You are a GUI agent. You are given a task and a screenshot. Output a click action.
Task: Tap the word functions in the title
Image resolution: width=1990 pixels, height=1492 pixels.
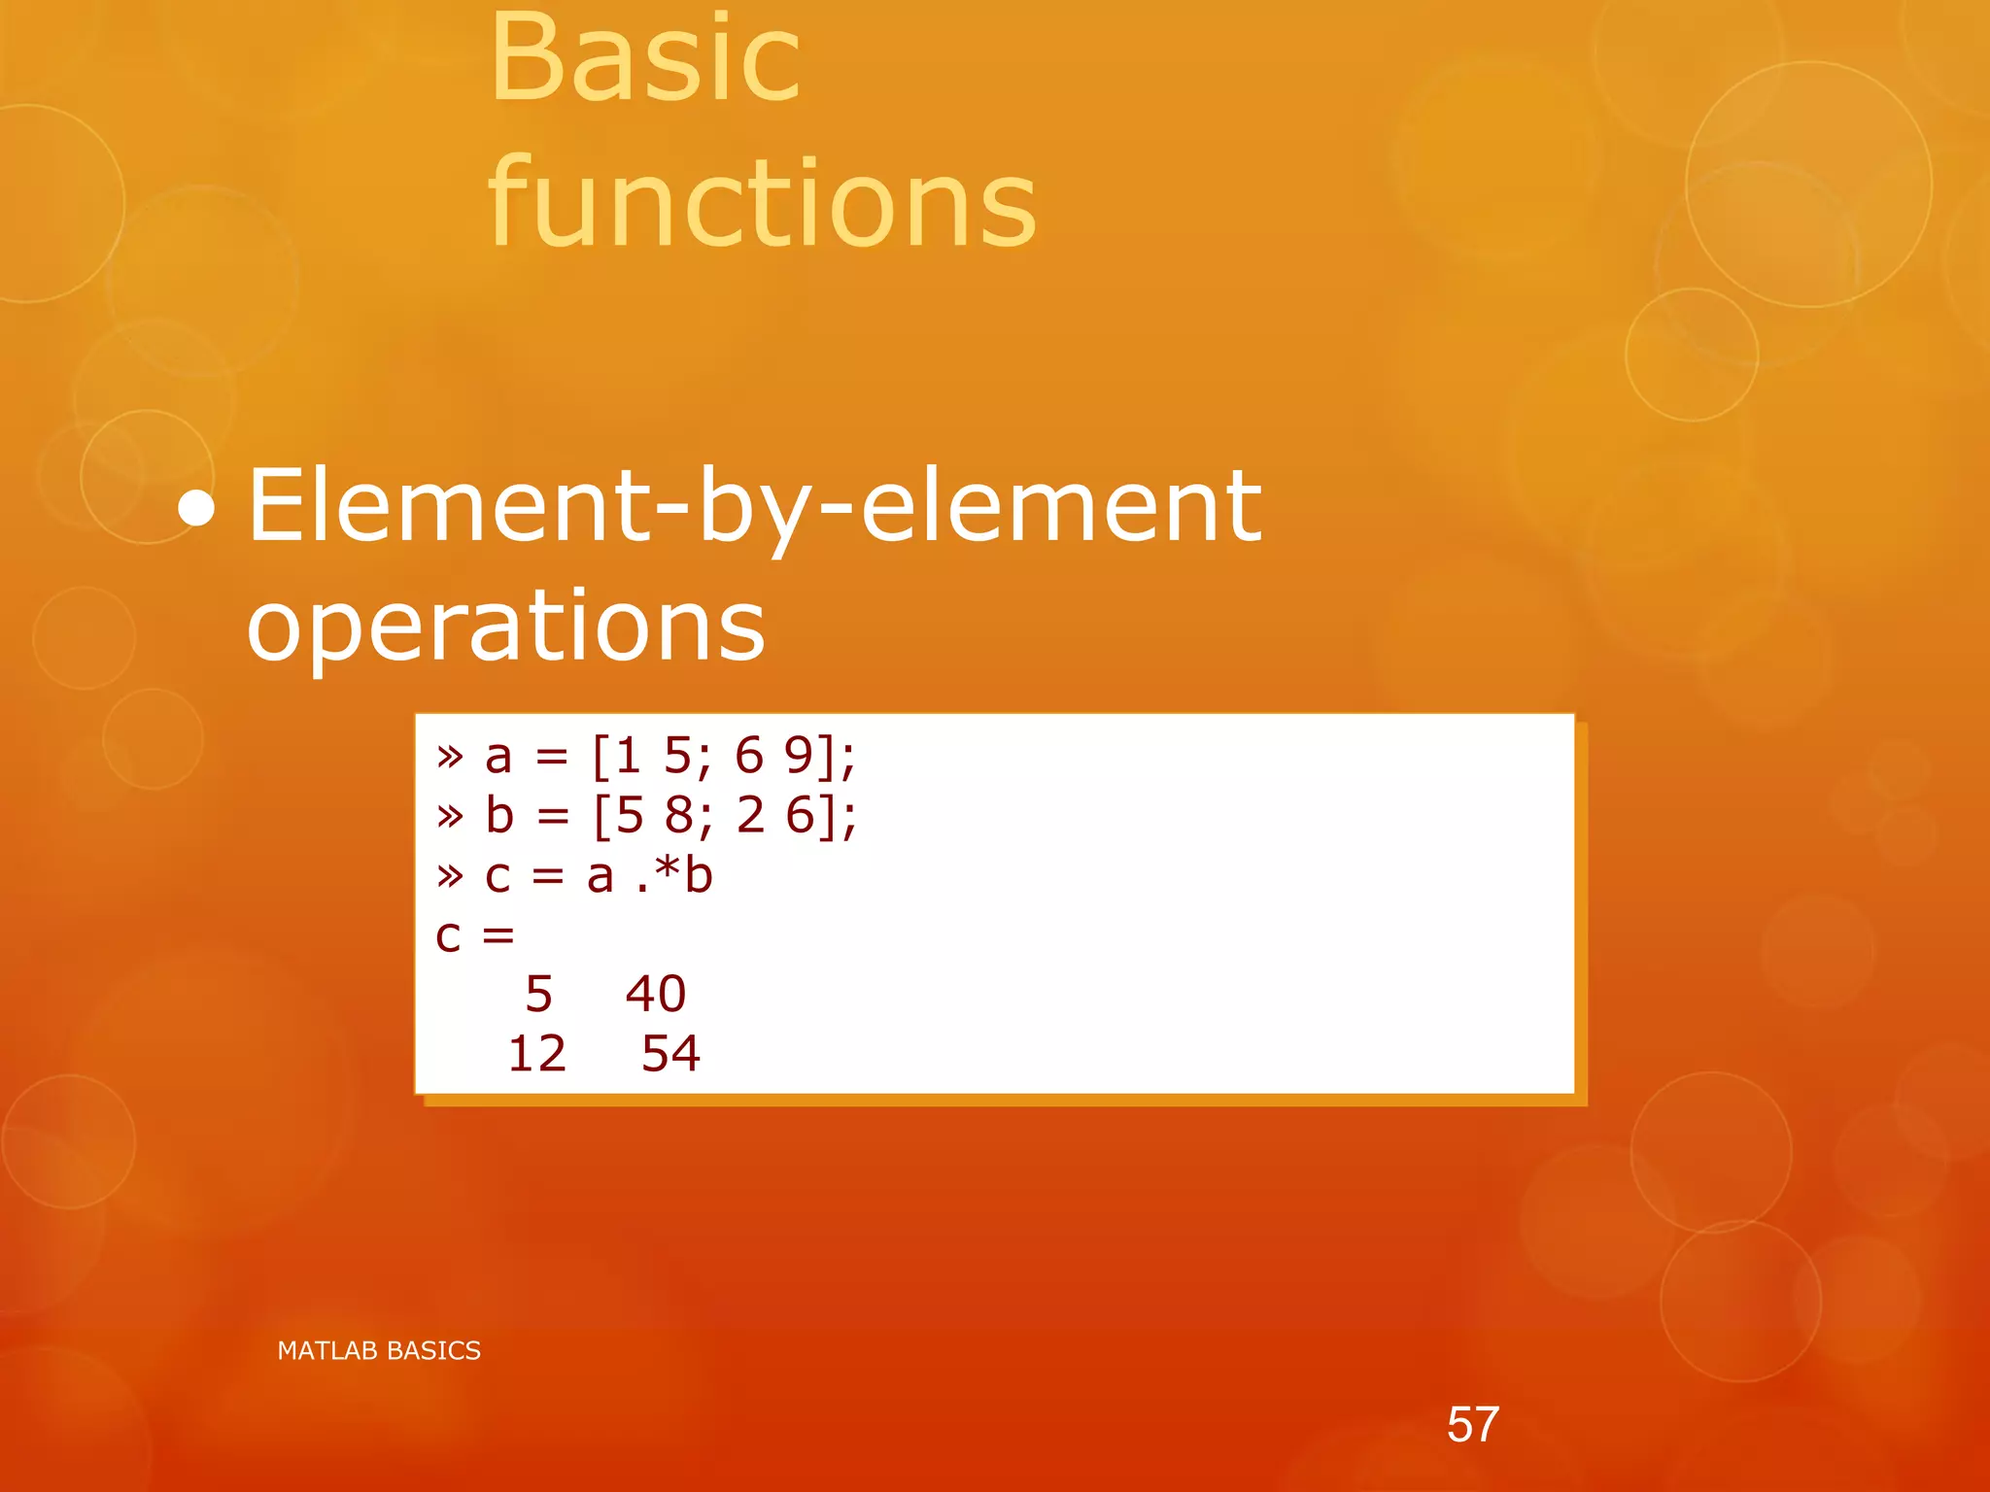tap(763, 204)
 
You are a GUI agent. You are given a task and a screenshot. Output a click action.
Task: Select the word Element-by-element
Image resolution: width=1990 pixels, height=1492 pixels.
tap(754, 507)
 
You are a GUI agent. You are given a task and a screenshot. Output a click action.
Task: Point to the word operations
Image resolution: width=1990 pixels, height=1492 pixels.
tap(505, 627)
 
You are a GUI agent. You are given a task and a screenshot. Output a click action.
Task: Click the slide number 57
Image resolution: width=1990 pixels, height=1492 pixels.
tap(1472, 1424)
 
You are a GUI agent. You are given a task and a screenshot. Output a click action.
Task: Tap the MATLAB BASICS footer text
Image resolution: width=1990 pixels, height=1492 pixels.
tap(379, 1350)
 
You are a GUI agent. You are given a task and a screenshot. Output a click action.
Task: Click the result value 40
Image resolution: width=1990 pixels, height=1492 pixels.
tap(656, 994)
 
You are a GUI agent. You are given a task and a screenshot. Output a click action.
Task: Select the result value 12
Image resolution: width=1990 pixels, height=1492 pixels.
tap(536, 1054)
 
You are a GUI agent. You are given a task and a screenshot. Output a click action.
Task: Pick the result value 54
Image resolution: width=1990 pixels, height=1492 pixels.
tap(670, 1054)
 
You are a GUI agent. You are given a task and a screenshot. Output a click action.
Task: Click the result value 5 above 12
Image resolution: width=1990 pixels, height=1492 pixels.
tap(538, 994)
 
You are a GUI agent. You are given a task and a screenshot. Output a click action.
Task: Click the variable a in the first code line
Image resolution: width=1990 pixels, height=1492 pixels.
tap(498, 757)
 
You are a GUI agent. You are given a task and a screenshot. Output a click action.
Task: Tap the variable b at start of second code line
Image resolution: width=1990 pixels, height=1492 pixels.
tap(499, 816)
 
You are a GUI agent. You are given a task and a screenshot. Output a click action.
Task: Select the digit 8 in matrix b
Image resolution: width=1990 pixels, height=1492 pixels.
tap(679, 816)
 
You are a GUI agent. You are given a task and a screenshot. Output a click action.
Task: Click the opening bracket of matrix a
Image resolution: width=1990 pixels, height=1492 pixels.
tap(600, 757)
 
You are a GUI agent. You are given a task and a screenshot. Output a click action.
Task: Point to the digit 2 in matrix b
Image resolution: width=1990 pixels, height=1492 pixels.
tap(750, 816)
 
